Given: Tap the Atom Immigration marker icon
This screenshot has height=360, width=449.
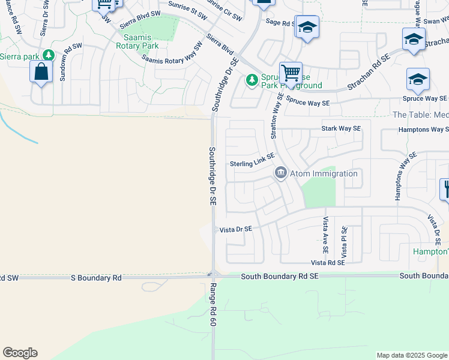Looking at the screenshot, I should tap(280, 173).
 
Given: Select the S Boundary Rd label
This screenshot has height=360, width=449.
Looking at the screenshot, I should tap(96, 278).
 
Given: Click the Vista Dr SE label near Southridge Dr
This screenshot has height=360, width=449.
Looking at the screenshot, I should tap(236, 229).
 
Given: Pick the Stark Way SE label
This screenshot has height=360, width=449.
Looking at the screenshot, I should tap(341, 128).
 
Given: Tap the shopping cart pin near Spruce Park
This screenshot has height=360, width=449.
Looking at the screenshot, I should tap(291, 73).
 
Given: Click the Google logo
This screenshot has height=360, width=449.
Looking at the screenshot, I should tap(20, 353).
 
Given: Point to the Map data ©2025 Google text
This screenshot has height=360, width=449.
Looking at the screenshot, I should tap(412, 355).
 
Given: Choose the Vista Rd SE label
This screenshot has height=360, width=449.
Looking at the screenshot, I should tap(328, 263).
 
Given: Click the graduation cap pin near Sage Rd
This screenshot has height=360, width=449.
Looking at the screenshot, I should tap(307, 27).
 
